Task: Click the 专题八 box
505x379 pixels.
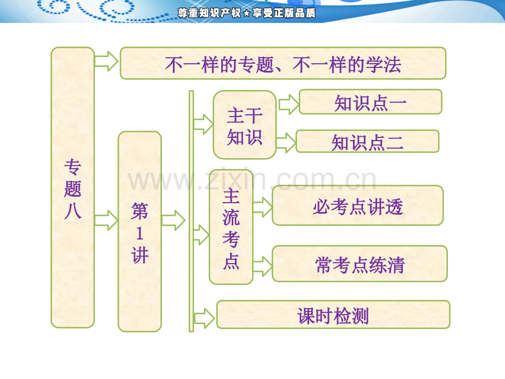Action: click(x=72, y=187)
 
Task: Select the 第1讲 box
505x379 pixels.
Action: click(x=139, y=231)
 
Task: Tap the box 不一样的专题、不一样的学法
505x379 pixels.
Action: click(x=283, y=63)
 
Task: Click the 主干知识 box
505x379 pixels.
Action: click(x=244, y=125)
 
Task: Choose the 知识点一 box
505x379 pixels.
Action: click(x=370, y=102)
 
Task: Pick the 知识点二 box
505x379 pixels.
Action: click(x=367, y=142)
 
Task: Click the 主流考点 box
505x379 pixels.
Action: click(x=231, y=227)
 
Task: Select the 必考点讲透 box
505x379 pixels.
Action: click(x=357, y=205)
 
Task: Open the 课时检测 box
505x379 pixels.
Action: click(x=333, y=315)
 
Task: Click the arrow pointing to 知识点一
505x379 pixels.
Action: click(x=288, y=104)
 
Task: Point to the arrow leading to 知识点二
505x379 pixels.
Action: click(x=285, y=143)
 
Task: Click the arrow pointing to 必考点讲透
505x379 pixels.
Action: click(x=262, y=207)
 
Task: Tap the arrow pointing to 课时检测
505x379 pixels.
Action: click(x=204, y=317)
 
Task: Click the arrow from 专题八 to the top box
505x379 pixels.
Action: click(x=106, y=61)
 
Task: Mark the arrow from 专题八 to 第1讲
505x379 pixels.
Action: click(x=106, y=220)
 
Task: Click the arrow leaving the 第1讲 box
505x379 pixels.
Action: click(x=173, y=220)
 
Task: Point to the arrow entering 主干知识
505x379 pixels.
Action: click(x=203, y=125)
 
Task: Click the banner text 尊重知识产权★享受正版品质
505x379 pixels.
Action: click(x=246, y=13)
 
